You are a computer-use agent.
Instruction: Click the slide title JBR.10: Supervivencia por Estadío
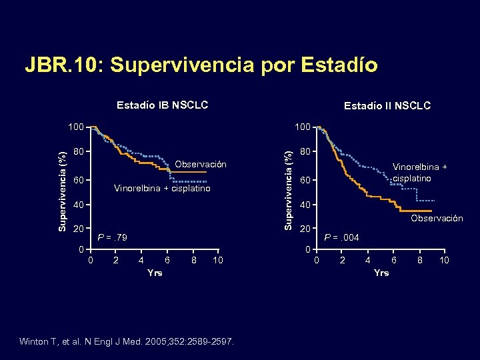[x=201, y=65]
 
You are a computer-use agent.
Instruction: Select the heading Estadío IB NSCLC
[x=162, y=105]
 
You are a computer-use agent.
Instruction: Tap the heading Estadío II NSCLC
[x=387, y=105]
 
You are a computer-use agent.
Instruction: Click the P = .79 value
[x=112, y=237]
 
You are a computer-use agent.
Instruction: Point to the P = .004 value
[x=341, y=237]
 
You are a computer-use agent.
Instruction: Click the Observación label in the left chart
[x=200, y=165]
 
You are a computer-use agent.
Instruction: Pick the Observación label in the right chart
[x=437, y=218]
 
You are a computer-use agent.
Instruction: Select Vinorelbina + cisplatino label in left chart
[x=162, y=189]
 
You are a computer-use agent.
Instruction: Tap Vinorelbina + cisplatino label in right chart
[x=419, y=173]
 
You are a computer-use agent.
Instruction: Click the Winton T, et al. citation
[x=127, y=342]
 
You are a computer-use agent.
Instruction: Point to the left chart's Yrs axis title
[x=154, y=273]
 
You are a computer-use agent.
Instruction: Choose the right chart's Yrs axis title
[x=381, y=273]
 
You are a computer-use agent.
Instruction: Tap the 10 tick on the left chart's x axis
[x=217, y=260]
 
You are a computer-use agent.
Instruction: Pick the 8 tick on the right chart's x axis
[x=419, y=260]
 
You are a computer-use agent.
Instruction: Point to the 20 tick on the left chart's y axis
[x=78, y=229]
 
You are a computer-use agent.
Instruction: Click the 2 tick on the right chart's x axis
[x=343, y=260]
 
